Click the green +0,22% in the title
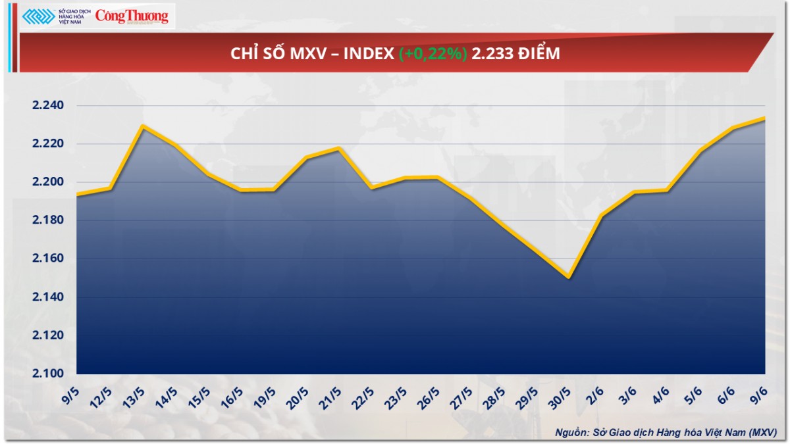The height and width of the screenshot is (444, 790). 433,54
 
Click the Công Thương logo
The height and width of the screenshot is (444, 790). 132,17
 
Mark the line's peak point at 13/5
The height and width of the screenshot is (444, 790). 142,126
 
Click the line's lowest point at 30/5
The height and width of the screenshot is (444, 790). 568,278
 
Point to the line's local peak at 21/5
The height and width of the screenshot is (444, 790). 338,148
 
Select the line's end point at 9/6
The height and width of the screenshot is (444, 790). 764,118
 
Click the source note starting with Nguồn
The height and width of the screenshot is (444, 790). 666,432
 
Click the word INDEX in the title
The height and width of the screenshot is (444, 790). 369,54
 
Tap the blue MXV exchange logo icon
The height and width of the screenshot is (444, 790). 38,17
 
